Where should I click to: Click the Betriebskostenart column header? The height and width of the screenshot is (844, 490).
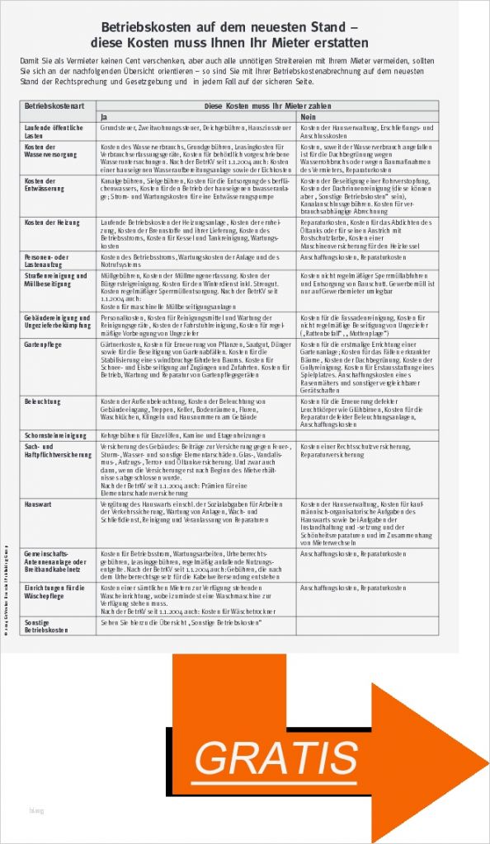click(50, 106)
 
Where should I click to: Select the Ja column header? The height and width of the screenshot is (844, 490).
click(105, 117)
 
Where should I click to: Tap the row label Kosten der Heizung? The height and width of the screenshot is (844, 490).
click(52, 223)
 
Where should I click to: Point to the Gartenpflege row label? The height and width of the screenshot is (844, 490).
click(44, 343)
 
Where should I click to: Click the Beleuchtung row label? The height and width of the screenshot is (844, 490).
click(43, 401)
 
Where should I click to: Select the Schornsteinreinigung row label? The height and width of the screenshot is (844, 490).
click(55, 434)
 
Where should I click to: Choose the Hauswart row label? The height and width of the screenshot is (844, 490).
click(39, 503)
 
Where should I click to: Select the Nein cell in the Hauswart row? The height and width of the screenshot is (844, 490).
click(366, 523)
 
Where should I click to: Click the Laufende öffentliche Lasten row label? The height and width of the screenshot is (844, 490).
click(54, 132)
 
